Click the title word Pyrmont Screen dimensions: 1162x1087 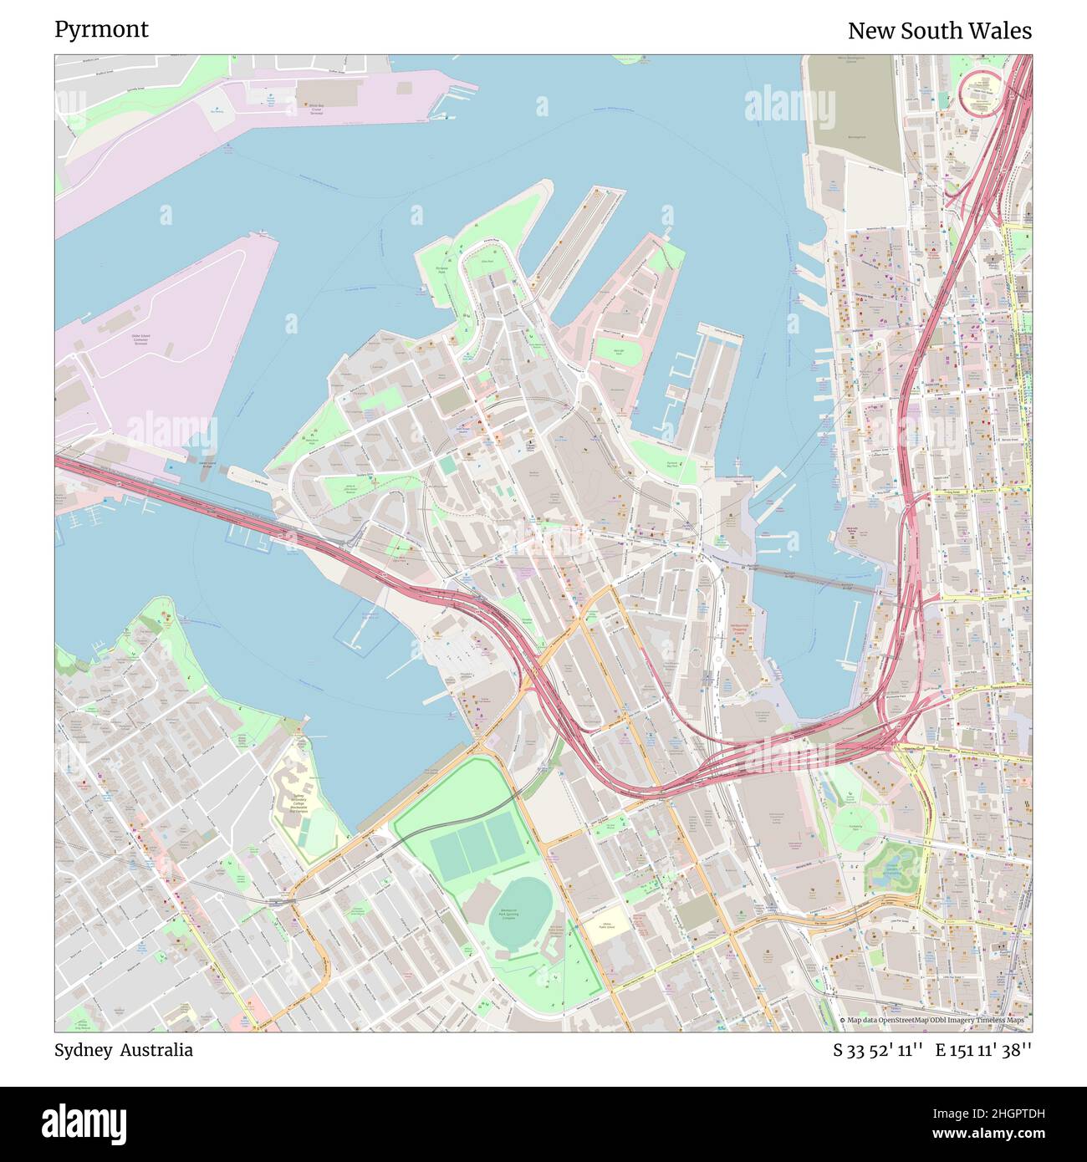(101, 29)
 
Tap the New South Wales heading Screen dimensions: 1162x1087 (939, 31)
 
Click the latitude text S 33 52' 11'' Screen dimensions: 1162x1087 (877, 1051)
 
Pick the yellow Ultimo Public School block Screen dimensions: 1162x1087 (608, 925)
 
